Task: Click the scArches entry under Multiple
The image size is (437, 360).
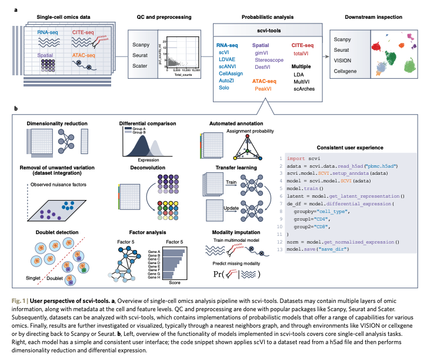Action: pos(304,88)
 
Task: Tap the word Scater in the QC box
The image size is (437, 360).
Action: pos(141,65)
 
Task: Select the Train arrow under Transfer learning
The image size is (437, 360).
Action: pos(214,183)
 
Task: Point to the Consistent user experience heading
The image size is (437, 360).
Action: pos(352,147)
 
